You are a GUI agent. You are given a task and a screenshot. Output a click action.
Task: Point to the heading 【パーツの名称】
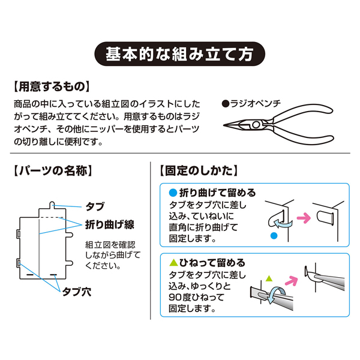coord(52,170)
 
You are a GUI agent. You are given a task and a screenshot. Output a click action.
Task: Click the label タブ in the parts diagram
coord(95,206)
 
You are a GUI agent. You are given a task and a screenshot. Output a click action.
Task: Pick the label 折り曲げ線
coord(109,224)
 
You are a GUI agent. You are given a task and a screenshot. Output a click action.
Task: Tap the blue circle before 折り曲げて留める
coord(173,193)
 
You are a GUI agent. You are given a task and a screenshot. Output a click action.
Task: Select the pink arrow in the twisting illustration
coord(293,278)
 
